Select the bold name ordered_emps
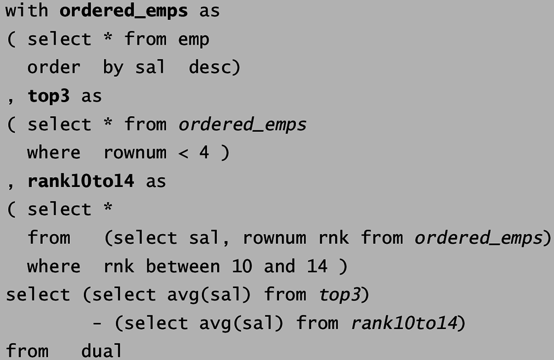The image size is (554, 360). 124,11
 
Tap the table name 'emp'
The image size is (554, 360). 194,39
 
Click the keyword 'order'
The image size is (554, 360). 54,68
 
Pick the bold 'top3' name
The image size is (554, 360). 49,96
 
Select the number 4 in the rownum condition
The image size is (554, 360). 204,153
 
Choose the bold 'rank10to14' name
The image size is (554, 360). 81,181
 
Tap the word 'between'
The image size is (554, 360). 183,266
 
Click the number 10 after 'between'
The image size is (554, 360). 242,266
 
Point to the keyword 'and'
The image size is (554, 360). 279,266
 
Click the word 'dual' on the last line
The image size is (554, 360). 102,351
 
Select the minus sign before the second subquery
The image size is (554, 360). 97,323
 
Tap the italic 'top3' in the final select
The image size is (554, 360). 339,295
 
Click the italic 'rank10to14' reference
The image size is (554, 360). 404,323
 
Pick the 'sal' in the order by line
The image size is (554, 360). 150,68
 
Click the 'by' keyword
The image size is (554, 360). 113,69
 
